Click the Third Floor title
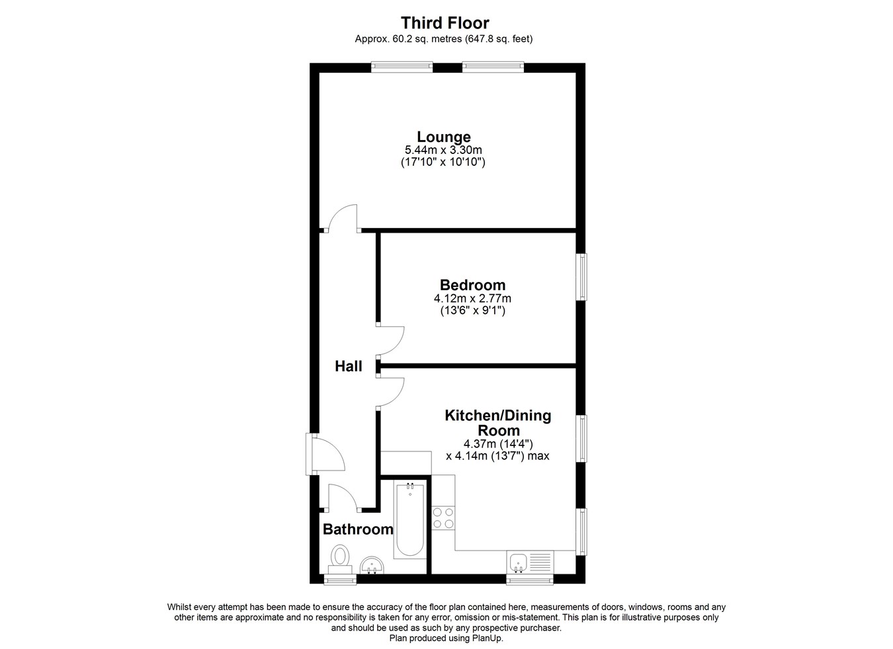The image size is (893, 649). (445, 23)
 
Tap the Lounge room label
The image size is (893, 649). (444, 137)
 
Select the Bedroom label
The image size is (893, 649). (472, 285)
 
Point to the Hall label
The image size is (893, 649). (349, 366)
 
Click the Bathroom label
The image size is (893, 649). (358, 529)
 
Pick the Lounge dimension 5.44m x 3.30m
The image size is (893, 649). (443, 150)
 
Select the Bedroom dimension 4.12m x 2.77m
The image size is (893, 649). (472, 298)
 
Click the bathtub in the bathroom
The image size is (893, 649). (409, 519)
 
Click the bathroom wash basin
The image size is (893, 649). (372, 566)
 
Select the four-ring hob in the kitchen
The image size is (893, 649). (443, 517)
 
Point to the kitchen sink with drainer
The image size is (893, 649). (530, 562)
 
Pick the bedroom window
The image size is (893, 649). (583, 277)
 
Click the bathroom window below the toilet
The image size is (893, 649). (340, 580)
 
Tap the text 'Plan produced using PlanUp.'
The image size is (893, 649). (446, 638)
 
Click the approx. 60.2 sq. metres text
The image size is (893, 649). (408, 39)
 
